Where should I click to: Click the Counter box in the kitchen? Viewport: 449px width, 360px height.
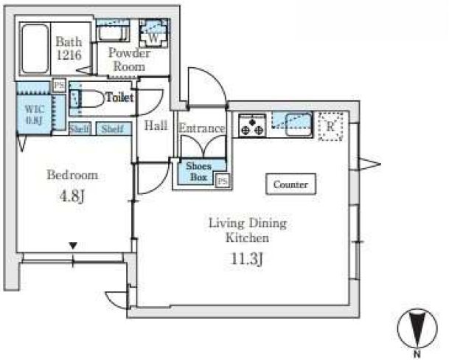click(290, 184)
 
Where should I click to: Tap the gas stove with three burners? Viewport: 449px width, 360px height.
click(252, 125)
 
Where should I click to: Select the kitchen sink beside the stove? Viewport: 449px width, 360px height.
click(299, 125)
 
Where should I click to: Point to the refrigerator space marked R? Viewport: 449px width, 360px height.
click(331, 126)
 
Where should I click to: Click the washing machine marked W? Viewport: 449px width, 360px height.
click(153, 33)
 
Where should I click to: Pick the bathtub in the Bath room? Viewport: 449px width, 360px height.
click(35, 49)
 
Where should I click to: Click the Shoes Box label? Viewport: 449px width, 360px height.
click(199, 171)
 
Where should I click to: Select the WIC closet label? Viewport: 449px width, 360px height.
click(35, 114)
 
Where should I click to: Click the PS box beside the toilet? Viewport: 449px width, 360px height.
click(60, 86)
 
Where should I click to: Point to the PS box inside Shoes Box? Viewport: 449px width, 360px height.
click(223, 181)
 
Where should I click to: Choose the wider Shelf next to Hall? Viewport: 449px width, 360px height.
click(113, 128)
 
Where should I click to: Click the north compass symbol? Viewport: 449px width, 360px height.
click(418, 329)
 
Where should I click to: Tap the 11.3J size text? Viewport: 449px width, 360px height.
click(246, 260)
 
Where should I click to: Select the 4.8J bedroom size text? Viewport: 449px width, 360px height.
click(72, 196)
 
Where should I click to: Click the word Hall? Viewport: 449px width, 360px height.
click(156, 125)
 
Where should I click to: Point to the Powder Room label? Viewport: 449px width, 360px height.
click(130, 60)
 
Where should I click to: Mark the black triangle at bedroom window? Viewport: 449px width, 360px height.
click(74, 246)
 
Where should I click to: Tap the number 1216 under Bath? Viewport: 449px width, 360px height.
click(69, 55)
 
